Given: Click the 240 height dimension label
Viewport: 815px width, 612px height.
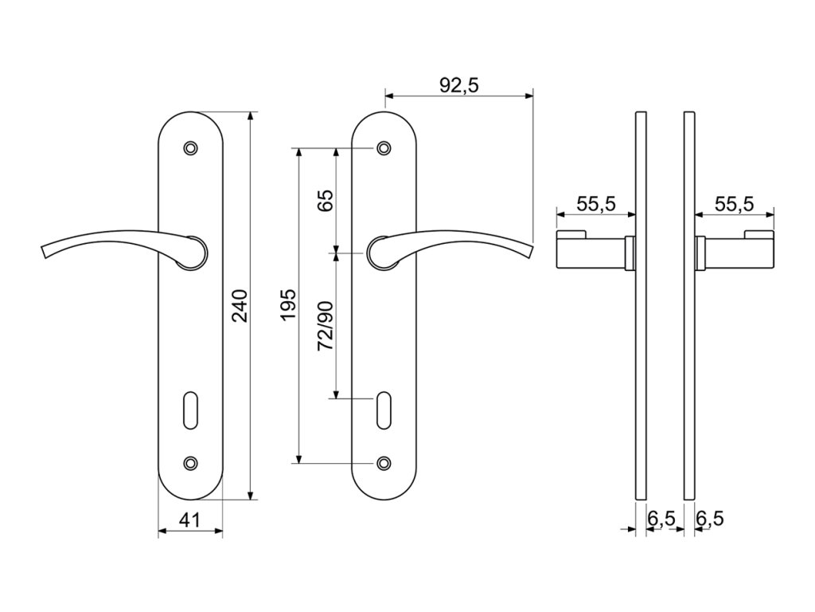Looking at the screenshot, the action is pyautogui.click(x=240, y=305).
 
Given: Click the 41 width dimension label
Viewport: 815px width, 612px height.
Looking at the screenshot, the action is pyautogui.click(x=189, y=520).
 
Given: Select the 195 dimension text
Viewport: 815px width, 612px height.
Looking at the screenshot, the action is pyautogui.click(x=287, y=305).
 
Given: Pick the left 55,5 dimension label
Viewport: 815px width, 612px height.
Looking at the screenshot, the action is pyautogui.click(x=596, y=204).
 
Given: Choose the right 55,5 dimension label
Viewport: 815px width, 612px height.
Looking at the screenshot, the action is pyautogui.click(x=734, y=204).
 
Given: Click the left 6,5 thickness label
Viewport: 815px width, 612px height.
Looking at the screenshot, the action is pyautogui.click(x=661, y=519).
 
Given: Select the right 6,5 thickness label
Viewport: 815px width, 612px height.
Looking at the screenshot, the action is pyautogui.click(x=710, y=519).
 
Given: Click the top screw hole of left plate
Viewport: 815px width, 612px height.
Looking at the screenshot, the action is pyautogui.click(x=189, y=148).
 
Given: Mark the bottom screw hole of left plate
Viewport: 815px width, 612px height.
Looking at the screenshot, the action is pyautogui.click(x=189, y=463).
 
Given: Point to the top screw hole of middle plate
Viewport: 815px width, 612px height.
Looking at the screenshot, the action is pyautogui.click(x=384, y=148).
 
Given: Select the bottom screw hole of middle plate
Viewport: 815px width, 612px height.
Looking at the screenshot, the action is pyautogui.click(x=384, y=463).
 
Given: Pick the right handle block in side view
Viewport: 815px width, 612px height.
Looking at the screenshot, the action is pyautogui.click(x=736, y=252).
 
